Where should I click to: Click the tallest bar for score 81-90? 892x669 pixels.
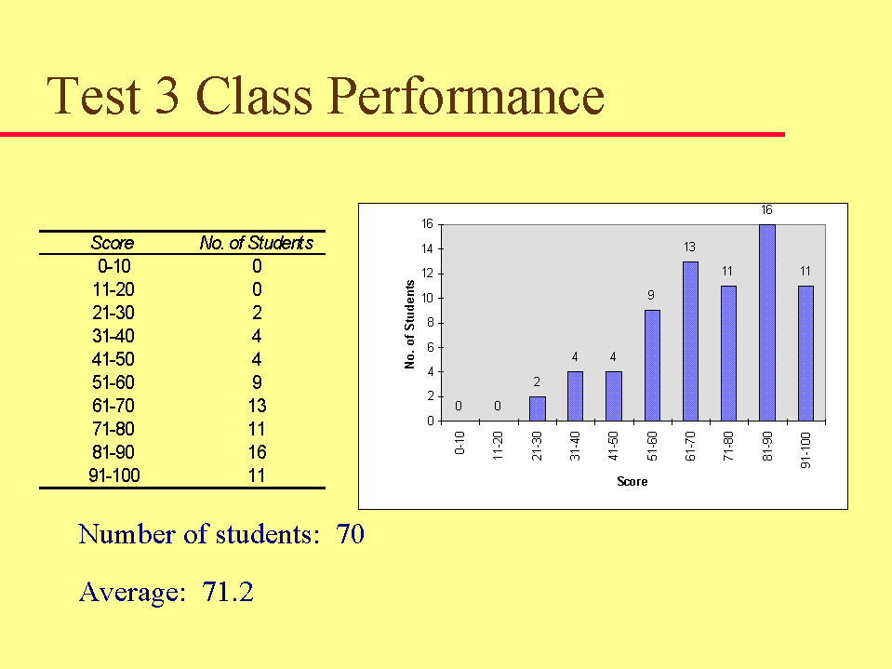[766, 323]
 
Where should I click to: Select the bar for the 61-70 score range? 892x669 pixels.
[690, 341]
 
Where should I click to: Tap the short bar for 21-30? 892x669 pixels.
[537, 408]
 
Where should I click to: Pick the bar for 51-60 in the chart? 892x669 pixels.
[652, 366]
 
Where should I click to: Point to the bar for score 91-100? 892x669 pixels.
[805, 354]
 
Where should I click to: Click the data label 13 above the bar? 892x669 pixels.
[689, 247]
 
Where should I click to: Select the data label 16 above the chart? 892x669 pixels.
[766, 210]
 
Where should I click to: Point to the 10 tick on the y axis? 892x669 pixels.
[427, 298]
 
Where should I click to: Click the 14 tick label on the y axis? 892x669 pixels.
[427, 248]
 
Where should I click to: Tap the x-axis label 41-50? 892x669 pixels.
[613, 446]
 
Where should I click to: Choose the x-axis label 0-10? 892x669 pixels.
[459, 443]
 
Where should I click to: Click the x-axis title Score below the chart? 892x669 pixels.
[632, 481]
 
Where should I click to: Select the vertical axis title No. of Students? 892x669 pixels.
[409, 324]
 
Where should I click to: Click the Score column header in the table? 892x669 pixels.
[113, 243]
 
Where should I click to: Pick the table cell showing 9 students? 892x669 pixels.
[257, 382]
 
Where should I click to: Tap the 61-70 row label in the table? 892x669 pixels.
[113, 406]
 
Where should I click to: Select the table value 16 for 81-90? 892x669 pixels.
[257, 452]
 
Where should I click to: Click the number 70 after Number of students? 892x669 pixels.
[350, 534]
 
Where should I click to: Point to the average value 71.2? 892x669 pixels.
[228, 592]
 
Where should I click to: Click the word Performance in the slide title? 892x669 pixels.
[466, 96]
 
